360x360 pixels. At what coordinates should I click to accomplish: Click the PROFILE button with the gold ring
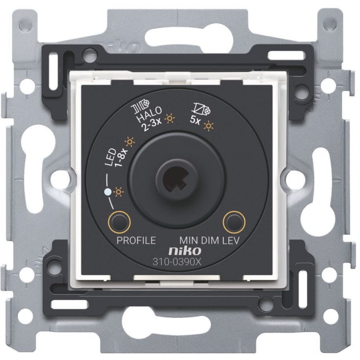pos(119,222)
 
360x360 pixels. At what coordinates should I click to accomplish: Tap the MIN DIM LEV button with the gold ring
pos(234,222)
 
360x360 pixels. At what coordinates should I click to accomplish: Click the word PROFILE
pos(136,240)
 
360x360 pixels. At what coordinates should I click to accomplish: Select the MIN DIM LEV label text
pos(210,240)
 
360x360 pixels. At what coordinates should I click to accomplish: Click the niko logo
pos(185,251)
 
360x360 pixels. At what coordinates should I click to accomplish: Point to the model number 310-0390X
pos(177,262)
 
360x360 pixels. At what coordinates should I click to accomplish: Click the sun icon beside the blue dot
pos(119,192)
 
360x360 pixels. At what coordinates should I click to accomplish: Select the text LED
pos(110,157)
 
